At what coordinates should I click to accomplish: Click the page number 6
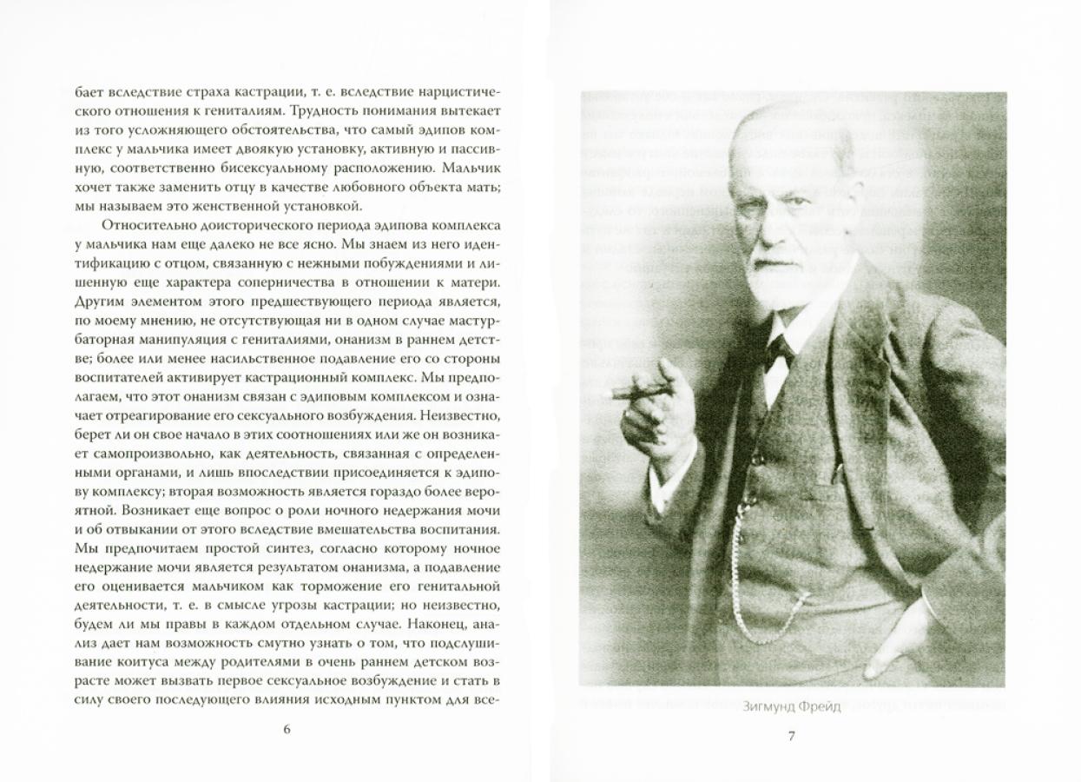click(x=287, y=729)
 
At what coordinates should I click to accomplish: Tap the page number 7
click(x=791, y=736)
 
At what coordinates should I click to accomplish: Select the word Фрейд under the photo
click(x=821, y=706)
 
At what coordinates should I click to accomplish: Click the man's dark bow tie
click(x=779, y=349)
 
